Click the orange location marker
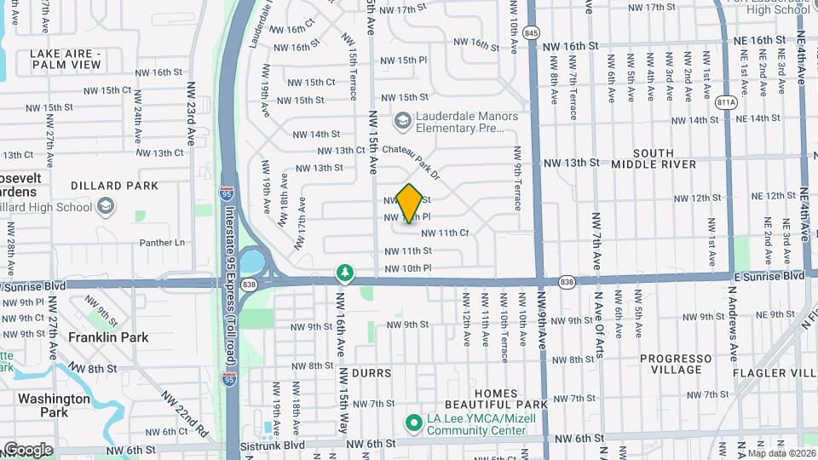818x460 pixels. point(410,204)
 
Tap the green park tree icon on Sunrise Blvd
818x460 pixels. point(344,272)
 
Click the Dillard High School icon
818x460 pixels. point(105,206)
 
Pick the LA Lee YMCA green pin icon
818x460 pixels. point(414,422)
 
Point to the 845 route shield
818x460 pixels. point(533,32)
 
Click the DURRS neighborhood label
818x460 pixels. point(371,373)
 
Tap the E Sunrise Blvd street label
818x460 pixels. point(769,276)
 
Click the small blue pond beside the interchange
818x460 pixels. point(252,259)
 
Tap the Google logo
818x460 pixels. point(28,449)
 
